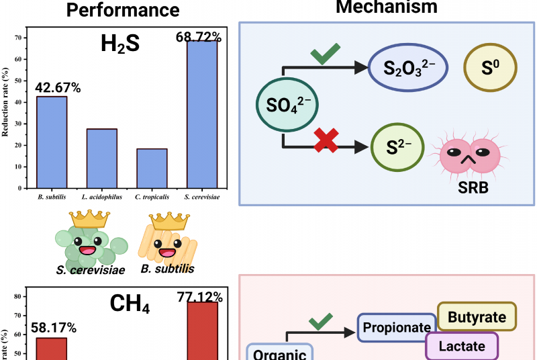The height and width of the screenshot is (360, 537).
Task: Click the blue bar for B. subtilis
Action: click(51, 142)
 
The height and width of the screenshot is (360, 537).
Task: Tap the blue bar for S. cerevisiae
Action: click(201, 114)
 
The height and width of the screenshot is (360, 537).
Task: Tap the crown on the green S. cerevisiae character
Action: click(90, 219)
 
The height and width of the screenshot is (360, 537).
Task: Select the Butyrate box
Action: click(477, 316)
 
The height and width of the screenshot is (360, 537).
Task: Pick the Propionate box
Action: click(396, 328)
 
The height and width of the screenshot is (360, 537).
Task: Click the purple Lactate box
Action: click(462, 347)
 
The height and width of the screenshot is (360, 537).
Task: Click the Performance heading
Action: click(126, 10)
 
